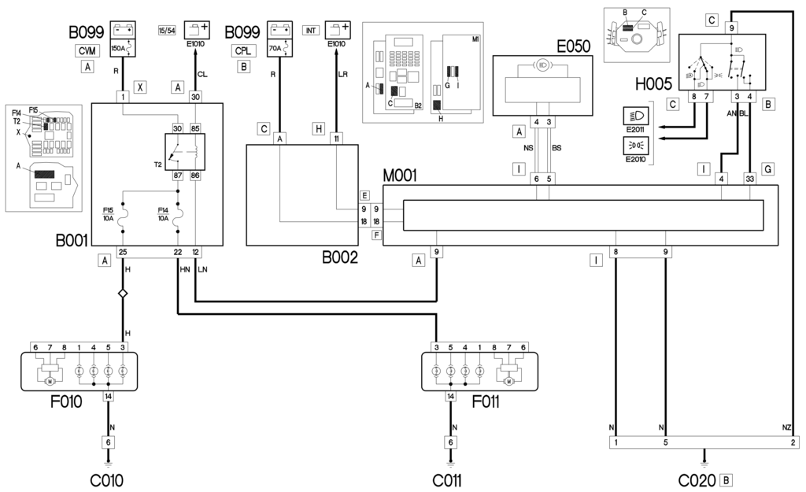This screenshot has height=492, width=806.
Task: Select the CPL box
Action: [243, 50]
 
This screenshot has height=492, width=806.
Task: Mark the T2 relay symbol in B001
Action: [183, 151]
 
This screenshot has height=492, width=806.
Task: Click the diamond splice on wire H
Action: [123, 293]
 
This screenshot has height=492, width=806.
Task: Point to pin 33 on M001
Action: [749, 178]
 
